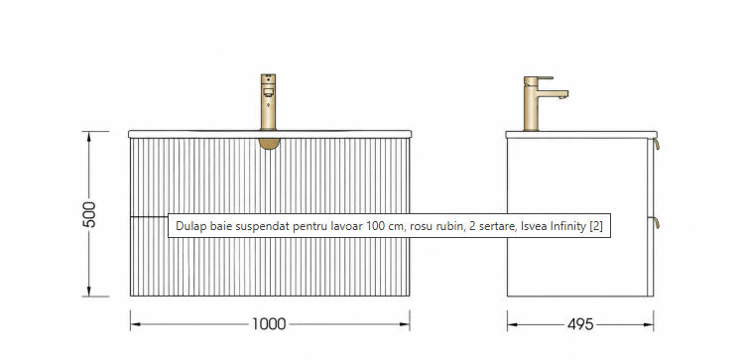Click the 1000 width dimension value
269,324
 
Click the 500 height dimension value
90,214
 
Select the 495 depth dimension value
580,325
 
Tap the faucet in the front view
269,101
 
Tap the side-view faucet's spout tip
563,97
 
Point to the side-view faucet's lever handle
539,78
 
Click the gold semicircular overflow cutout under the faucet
269,145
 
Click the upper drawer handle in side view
656,145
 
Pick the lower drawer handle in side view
656,223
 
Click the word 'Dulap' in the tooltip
187,226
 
